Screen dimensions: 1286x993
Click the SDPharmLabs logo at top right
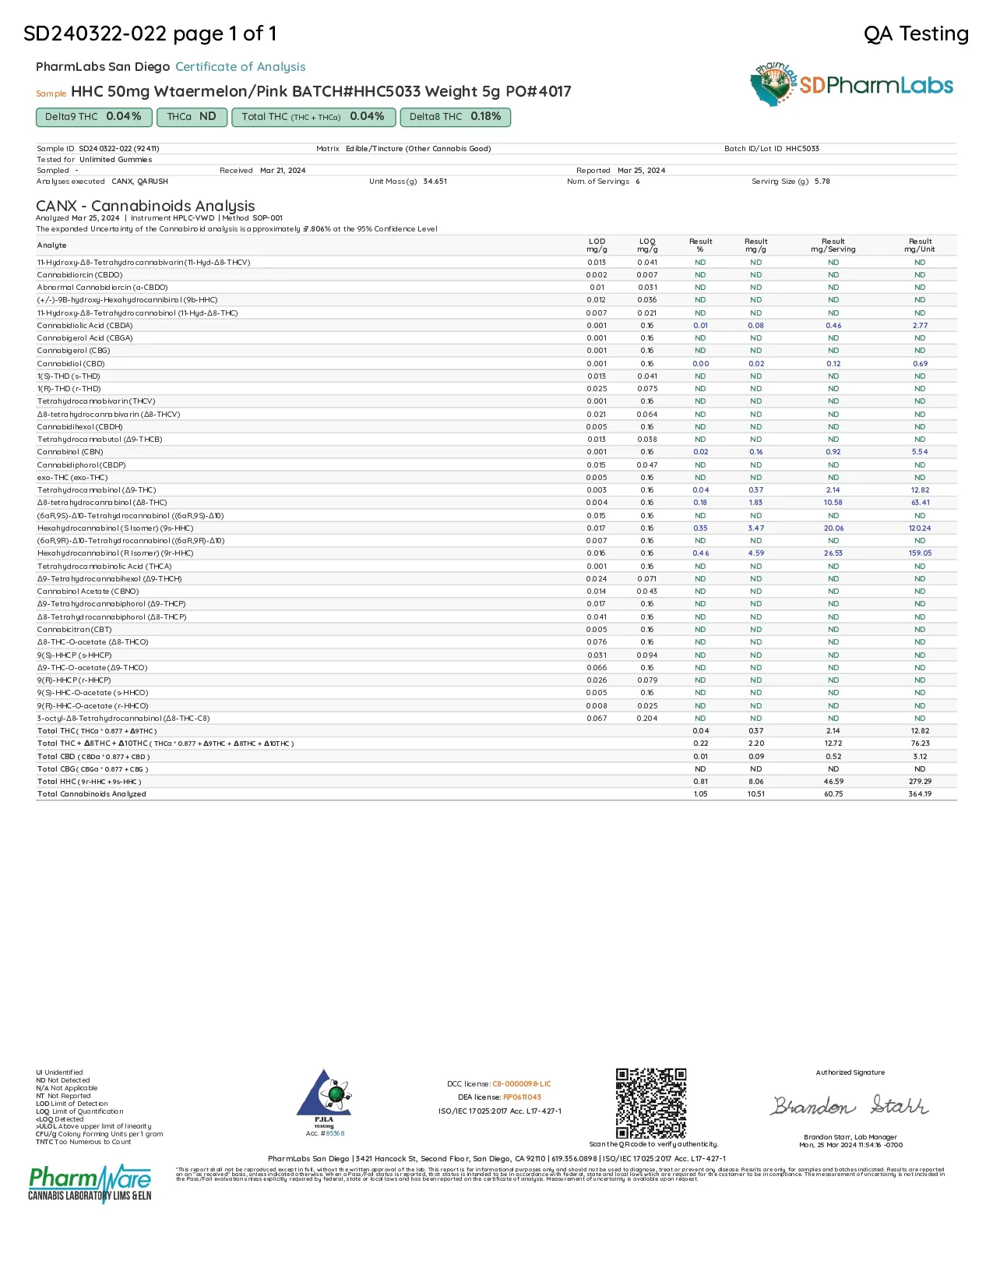click(852, 85)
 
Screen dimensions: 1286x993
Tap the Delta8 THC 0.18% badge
click(455, 117)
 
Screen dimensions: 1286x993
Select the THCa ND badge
click(192, 117)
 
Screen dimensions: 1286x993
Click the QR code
click(651, 1103)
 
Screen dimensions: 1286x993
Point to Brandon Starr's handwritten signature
click(850, 1106)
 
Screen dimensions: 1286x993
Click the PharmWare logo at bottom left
click(90, 1183)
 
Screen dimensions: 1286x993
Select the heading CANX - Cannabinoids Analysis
click(146, 206)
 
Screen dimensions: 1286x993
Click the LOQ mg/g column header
click(647, 246)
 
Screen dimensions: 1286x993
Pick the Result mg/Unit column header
click(920, 246)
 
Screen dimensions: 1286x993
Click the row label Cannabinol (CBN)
click(70, 452)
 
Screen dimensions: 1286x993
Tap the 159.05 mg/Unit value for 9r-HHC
click(920, 553)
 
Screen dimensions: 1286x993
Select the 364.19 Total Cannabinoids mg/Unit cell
click(920, 794)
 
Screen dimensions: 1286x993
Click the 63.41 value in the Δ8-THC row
click(920, 503)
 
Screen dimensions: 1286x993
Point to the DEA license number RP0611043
click(522, 1097)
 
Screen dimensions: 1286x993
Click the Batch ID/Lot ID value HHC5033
click(802, 148)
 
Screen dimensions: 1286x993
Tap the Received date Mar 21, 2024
click(283, 170)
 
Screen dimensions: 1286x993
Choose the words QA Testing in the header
click(916, 34)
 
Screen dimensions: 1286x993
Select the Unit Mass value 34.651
click(435, 181)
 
